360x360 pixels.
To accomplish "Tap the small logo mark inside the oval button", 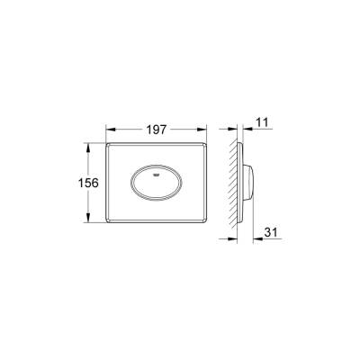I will [x=159, y=166].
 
